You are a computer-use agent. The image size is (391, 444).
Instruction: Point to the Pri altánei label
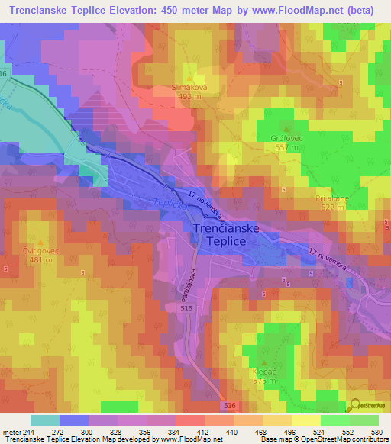tap(333, 198)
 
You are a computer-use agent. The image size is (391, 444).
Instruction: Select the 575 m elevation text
tap(264, 381)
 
